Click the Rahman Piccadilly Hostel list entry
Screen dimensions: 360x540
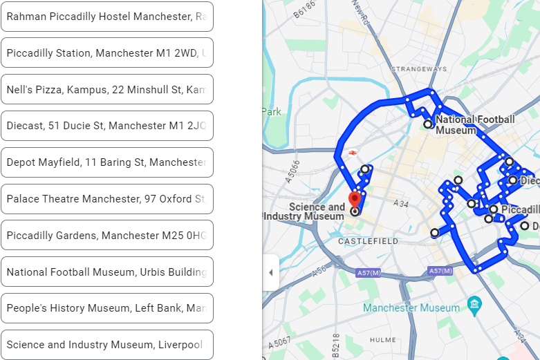[x=107, y=17]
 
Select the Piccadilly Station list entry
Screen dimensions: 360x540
[x=107, y=53]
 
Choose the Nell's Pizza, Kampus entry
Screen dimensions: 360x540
[x=107, y=90]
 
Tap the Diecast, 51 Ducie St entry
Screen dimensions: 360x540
[x=107, y=126]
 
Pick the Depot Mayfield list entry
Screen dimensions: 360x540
[x=107, y=162]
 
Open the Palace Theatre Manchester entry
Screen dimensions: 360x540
[x=107, y=199]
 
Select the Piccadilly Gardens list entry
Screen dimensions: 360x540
[x=107, y=236]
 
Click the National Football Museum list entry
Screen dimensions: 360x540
[x=107, y=272]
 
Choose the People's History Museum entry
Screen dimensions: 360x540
[x=107, y=308]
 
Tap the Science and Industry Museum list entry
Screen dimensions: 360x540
[x=107, y=345]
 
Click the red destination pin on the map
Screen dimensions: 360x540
[x=355, y=199]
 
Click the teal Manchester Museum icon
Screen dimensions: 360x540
[x=474, y=304]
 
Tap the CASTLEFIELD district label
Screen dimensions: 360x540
[x=368, y=241]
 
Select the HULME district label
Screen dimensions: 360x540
[x=382, y=340]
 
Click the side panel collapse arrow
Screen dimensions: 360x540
[x=270, y=273]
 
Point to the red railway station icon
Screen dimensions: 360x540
[x=352, y=152]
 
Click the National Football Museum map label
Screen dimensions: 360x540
[x=475, y=124]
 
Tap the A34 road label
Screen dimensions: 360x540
[x=401, y=204]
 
